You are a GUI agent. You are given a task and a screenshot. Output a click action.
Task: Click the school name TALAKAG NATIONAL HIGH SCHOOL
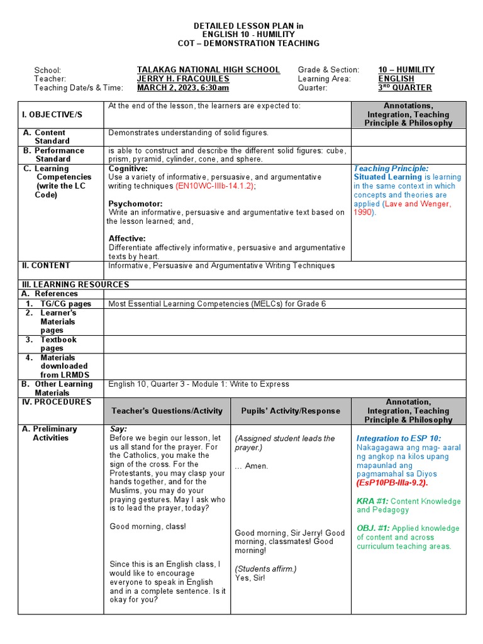(x=208, y=70)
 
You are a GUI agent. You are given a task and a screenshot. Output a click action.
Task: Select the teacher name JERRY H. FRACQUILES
(x=183, y=79)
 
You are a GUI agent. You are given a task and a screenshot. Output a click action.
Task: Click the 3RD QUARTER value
(x=405, y=88)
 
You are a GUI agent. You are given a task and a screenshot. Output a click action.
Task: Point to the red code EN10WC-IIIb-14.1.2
(x=215, y=186)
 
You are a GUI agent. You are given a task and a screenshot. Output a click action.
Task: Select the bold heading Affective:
(x=127, y=238)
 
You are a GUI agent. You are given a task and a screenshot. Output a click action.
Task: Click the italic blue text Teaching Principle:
(x=391, y=169)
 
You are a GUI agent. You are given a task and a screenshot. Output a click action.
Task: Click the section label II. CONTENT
(x=47, y=265)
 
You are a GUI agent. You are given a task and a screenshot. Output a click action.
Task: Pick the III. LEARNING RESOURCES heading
(x=75, y=284)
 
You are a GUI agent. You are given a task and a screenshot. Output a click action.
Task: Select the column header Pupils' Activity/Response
(x=291, y=411)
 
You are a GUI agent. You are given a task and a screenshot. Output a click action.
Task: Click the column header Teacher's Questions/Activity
(x=167, y=411)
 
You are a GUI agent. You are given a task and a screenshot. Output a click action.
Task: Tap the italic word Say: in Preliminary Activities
(x=118, y=428)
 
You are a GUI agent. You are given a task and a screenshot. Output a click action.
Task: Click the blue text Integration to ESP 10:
(x=399, y=438)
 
